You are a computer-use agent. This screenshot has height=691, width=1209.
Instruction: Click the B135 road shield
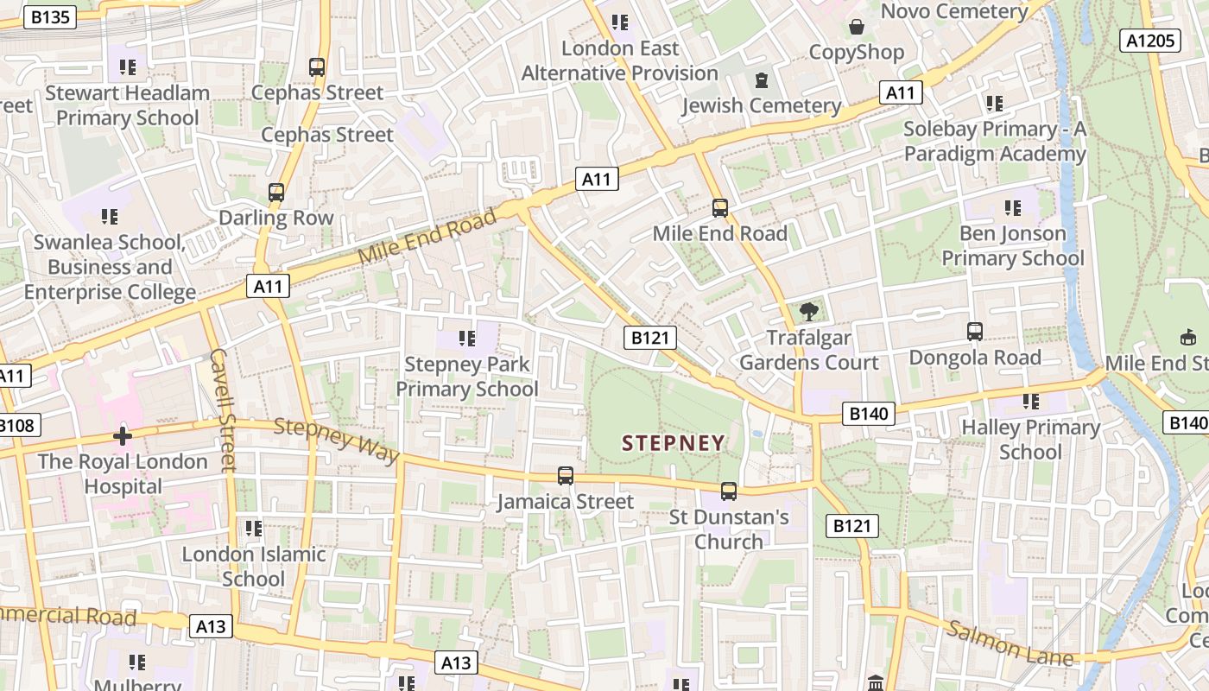[x=52, y=16]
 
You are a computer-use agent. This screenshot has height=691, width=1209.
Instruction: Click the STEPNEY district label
[x=674, y=443]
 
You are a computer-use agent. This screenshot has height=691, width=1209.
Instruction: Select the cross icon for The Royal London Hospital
[x=123, y=436]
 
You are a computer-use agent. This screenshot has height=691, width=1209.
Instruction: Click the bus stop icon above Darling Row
[x=276, y=193]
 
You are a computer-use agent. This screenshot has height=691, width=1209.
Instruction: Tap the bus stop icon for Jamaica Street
[x=566, y=476]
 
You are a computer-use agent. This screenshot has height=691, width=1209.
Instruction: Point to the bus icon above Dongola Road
[x=975, y=332]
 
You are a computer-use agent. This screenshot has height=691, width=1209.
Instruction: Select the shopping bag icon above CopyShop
[x=856, y=27]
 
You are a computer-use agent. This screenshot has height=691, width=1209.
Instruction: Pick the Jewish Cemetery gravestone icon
[x=761, y=80]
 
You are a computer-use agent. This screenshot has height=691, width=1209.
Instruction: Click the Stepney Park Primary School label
[x=467, y=377]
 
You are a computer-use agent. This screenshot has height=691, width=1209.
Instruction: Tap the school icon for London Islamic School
[x=253, y=528]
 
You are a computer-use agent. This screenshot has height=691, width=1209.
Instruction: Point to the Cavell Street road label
[x=223, y=410]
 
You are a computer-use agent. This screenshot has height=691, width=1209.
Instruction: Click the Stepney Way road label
[x=337, y=440]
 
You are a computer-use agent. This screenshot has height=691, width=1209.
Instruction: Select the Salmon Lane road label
[x=1010, y=643]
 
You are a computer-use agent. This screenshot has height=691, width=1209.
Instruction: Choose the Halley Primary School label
[x=1030, y=439]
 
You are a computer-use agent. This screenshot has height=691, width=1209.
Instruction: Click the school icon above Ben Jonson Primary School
[x=1013, y=208]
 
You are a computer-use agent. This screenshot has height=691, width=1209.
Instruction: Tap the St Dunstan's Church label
[x=729, y=529]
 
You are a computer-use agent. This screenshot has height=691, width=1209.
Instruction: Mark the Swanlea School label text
[x=110, y=267]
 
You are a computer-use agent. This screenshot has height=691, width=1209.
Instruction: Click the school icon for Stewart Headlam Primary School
[x=128, y=67]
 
